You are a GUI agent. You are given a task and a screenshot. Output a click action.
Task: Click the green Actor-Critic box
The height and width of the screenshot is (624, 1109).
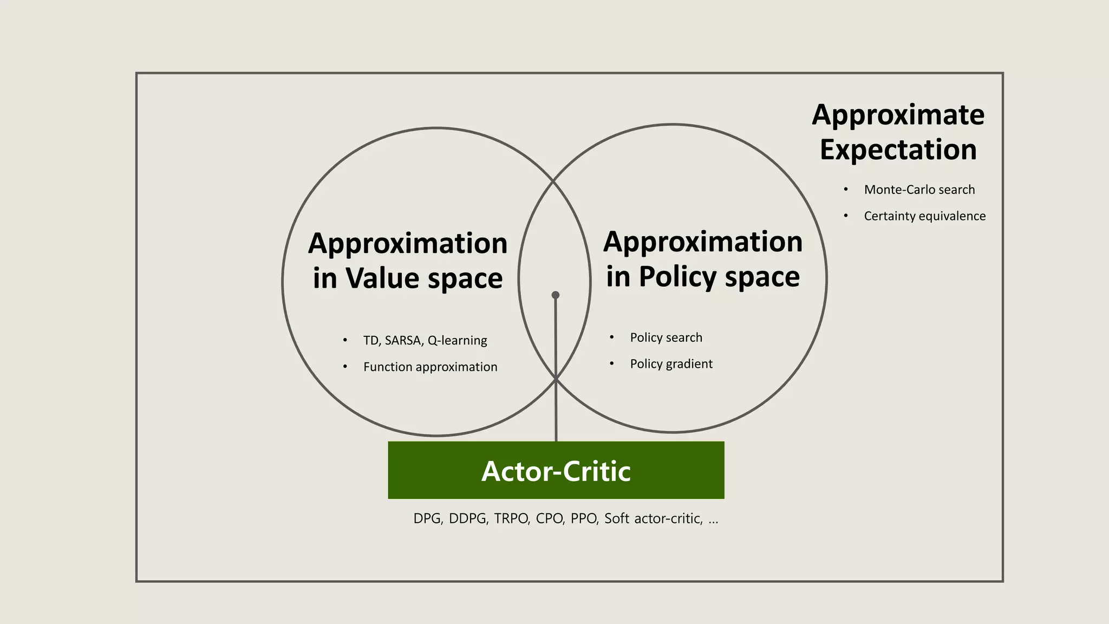556,470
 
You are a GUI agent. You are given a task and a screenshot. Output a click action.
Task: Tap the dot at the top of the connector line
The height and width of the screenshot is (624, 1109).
555,295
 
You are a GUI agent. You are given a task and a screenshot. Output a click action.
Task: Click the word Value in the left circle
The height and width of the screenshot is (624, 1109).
382,278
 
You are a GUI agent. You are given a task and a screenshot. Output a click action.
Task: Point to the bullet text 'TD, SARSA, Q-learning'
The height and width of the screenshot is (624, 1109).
425,340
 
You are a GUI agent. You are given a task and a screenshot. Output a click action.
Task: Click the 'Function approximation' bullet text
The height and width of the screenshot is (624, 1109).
430,367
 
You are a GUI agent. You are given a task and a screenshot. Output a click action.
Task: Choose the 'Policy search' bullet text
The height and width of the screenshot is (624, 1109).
666,337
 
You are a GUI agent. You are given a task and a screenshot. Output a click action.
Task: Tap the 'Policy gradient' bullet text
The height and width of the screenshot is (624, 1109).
671,363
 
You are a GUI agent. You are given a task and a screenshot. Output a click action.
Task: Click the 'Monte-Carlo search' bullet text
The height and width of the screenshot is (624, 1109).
919,190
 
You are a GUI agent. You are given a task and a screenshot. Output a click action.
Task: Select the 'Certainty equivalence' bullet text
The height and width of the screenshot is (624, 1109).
924,216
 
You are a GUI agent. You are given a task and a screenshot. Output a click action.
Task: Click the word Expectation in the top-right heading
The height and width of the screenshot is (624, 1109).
898,149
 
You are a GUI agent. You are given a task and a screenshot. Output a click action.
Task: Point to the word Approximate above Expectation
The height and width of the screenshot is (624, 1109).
898,115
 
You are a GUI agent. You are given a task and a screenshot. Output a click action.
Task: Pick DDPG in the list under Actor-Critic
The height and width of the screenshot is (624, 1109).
468,518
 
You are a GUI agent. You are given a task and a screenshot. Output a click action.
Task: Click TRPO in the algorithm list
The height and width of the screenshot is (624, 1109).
511,518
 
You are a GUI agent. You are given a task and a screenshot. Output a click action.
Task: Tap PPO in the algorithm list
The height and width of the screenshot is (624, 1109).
584,518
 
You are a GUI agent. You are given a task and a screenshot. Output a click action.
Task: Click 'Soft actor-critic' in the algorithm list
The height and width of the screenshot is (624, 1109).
653,518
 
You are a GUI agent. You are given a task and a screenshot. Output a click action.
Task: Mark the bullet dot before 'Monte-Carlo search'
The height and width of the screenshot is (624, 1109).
845,190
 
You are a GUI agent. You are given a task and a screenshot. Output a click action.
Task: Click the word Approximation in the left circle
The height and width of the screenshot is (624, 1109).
408,243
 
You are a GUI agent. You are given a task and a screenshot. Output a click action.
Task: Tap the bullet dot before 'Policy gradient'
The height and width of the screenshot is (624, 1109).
611,363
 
